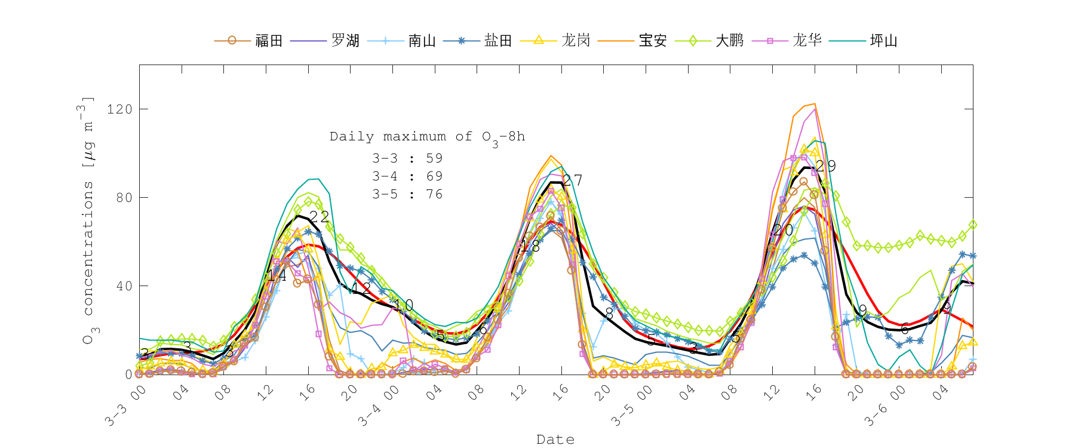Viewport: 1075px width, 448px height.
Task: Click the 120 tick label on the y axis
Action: click(119, 109)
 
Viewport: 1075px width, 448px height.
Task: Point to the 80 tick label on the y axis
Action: click(124, 198)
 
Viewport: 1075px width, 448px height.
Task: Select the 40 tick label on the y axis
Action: click(124, 286)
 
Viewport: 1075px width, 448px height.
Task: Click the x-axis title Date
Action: click(555, 440)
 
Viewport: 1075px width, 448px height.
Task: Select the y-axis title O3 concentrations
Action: click(88, 221)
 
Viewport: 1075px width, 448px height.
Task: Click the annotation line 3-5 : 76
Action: click(407, 194)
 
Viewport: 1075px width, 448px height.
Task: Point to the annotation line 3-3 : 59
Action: click(407, 158)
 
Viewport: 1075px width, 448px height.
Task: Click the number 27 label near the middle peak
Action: click(572, 180)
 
